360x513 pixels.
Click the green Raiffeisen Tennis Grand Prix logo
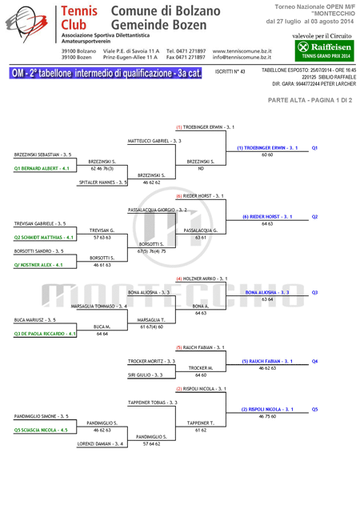(x=324, y=50)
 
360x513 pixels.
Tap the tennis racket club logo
(x=26, y=23)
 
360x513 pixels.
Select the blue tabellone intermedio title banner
(x=106, y=73)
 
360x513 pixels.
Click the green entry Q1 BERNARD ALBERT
(x=42, y=169)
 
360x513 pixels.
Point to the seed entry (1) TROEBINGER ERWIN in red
(x=206, y=127)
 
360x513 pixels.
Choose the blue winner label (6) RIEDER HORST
(x=267, y=217)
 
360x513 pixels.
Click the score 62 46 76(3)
(x=102, y=169)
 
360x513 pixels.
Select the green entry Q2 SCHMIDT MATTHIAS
(x=43, y=238)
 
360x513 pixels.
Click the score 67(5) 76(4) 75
(x=151, y=251)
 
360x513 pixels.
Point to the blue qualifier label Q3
(x=314, y=292)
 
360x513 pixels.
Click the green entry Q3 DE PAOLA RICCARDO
(x=45, y=334)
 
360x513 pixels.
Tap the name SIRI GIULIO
(x=143, y=375)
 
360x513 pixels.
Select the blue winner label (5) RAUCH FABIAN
(x=267, y=361)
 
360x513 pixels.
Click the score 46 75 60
(x=267, y=416)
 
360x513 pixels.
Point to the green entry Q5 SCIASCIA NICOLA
(x=41, y=431)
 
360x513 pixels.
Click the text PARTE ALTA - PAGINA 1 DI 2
(x=310, y=101)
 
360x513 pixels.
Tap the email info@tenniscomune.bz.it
(x=242, y=58)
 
